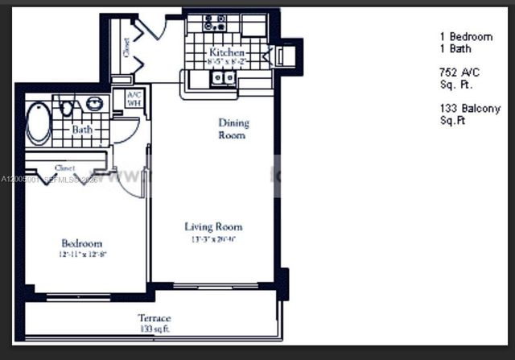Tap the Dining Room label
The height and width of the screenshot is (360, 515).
233,129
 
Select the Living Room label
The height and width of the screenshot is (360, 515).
213,227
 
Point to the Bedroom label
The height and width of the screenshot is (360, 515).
82,243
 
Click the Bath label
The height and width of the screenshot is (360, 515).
81,129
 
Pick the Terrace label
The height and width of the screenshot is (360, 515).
154,318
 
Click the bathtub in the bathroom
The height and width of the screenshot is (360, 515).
38,124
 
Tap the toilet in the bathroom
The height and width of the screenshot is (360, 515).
68,107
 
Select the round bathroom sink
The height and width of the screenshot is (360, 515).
95,104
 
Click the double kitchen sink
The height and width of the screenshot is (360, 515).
223,78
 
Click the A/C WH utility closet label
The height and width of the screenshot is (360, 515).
134,98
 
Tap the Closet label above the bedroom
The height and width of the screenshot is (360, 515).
64,168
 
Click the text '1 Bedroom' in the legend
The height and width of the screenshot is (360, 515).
466,37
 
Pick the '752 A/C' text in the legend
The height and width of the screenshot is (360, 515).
459,72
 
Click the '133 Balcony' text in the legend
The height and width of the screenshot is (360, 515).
470,109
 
